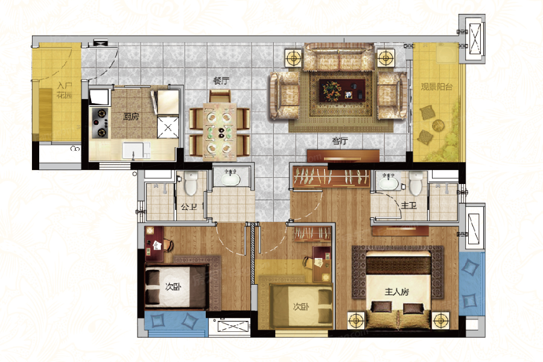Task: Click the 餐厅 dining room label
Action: point(221,81)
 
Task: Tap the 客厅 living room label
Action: point(340,141)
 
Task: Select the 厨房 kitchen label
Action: point(131,116)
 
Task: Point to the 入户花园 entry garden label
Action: point(65,90)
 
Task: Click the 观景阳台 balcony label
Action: point(437,86)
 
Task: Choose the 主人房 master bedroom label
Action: point(396,291)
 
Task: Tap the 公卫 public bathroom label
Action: point(189,207)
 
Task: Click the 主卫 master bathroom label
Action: point(408,205)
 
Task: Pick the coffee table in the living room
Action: point(342,90)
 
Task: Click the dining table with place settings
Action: point(220,132)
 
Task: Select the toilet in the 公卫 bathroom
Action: point(191,183)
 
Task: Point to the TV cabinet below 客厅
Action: point(343,156)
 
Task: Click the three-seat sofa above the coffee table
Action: point(339,57)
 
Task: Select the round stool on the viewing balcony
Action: point(438,125)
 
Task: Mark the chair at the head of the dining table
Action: point(220,96)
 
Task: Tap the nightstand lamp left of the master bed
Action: point(356,320)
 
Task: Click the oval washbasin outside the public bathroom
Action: point(230,179)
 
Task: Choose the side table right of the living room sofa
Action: point(386,57)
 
